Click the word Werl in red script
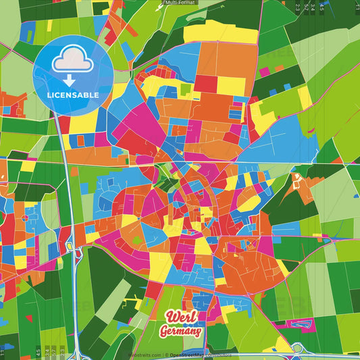(181, 317)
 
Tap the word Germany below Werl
(180, 331)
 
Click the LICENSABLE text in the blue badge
(73, 95)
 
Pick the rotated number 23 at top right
(298, 7)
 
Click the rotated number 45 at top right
(322, 7)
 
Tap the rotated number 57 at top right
(306, 7)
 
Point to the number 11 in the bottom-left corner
(3, 353)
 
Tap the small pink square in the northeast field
(265, 71)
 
